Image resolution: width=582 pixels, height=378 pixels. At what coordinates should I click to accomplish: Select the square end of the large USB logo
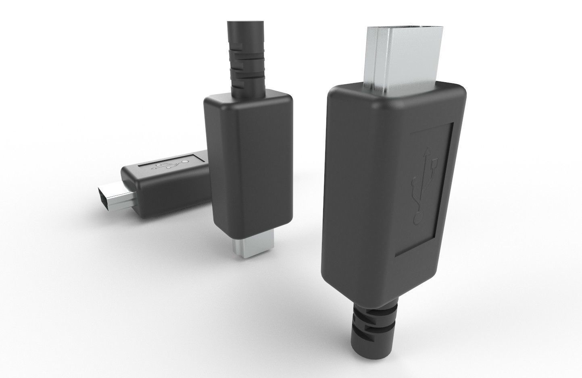pos(434,164)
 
